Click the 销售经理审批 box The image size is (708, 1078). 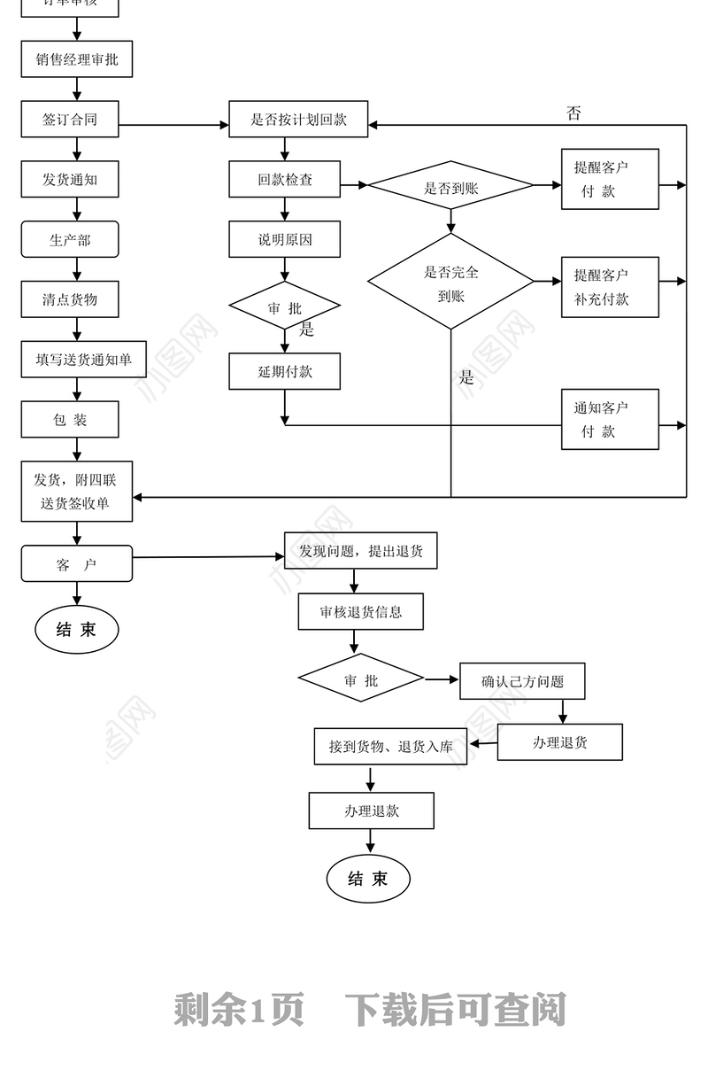(76, 59)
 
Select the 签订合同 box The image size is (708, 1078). (70, 119)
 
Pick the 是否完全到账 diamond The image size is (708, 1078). (450, 283)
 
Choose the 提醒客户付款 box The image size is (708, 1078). (610, 179)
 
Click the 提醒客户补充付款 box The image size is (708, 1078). (610, 286)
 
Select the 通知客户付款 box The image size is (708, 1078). (610, 419)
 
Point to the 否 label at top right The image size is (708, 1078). (573, 113)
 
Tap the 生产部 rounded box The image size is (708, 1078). (70, 239)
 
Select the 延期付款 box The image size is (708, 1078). (285, 371)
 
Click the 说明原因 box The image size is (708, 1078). (285, 239)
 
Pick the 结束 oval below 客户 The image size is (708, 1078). (76, 630)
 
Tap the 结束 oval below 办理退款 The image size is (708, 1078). (368, 879)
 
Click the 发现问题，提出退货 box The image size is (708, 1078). (360, 551)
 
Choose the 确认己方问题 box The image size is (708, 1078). (522, 681)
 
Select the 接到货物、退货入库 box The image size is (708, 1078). (391, 746)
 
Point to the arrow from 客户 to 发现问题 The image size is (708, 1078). (208, 557)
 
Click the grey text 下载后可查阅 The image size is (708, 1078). (455, 1009)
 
